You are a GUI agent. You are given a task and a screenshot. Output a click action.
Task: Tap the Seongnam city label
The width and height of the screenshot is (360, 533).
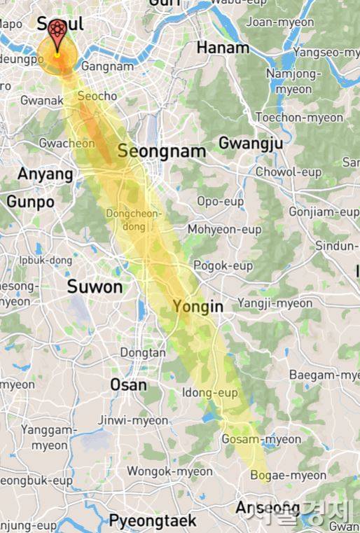click(x=162, y=151)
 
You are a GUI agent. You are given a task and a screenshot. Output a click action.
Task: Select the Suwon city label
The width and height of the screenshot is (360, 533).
click(x=95, y=286)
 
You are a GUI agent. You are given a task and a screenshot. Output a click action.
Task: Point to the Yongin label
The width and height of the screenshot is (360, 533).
click(x=198, y=307)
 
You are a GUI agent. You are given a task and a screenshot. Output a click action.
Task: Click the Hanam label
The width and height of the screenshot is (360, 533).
click(x=223, y=48)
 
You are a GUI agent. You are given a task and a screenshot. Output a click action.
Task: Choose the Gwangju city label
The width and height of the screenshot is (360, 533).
click(x=251, y=144)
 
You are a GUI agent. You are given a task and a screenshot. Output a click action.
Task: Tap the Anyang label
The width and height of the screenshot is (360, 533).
click(x=46, y=174)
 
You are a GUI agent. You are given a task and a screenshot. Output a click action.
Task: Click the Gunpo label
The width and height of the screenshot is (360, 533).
click(x=30, y=202)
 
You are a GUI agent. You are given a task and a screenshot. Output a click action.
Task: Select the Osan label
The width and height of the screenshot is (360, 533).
click(x=129, y=385)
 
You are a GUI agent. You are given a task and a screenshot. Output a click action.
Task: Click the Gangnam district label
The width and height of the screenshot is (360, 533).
click(x=107, y=66)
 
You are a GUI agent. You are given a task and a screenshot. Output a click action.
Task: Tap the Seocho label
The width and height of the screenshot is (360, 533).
click(x=97, y=95)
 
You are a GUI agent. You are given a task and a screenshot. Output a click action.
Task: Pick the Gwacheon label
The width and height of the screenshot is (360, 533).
click(x=67, y=144)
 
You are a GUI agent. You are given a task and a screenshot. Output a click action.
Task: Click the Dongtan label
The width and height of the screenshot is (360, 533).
click(x=143, y=353)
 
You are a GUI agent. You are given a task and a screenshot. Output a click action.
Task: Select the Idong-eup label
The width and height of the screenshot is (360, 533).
click(x=209, y=393)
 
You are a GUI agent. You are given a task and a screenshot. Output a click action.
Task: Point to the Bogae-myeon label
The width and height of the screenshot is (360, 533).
click(x=288, y=476)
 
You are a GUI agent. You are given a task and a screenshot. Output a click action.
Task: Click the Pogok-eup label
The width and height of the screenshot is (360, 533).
click(x=223, y=265)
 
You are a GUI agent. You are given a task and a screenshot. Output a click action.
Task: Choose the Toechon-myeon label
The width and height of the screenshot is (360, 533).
click(x=299, y=118)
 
